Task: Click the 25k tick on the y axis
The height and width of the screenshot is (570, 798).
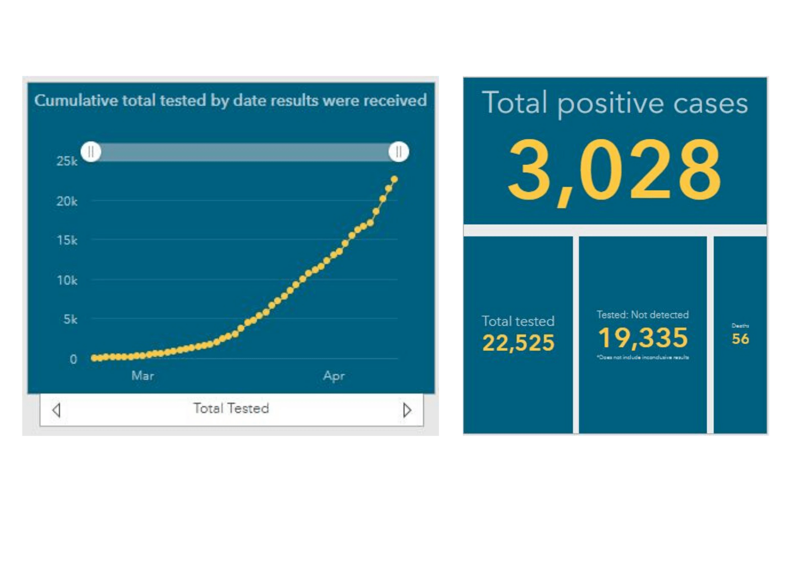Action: pyautogui.click(x=67, y=161)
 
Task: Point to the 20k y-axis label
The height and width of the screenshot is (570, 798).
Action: pyautogui.click(x=67, y=201)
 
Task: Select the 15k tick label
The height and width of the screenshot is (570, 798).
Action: pyautogui.click(x=67, y=240)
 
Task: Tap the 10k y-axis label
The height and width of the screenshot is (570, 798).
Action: pyautogui.click(x=67, y=280)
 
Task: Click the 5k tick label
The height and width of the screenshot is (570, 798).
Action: pyautogui.click(x=70, y=319)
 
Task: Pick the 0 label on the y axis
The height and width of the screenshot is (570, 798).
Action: pyautogui.click(x=73, y=359)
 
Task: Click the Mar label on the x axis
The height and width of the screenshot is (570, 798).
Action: pyautogui.click(x=142, y=376)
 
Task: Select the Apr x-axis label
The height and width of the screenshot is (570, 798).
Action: pyautogui.click(x=334, y=376)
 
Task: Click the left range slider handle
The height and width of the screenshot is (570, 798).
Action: pyautogui.click(x=91, y=152)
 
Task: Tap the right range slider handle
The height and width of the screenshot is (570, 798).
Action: pyautogui.click(x=399, y=152)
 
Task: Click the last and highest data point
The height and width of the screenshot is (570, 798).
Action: pyautogui.click(x=394, y=179)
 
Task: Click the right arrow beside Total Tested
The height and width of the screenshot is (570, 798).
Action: pyautogui.click(x=407, y=410)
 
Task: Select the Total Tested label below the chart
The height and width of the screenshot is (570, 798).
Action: pyautogui.click(x=231, y=408)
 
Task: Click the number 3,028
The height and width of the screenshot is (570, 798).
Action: pyautogui.click(x=614, y=170)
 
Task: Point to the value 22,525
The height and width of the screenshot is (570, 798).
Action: pyautogui.click(x=518, y=342)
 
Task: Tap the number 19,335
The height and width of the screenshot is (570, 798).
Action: pyautogui.click(x=643, y=338)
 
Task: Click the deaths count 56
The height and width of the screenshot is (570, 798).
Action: pyautogui.click(x=740, y=339)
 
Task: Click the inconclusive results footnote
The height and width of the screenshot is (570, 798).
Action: pyautogui.click(x=643, y=357)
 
